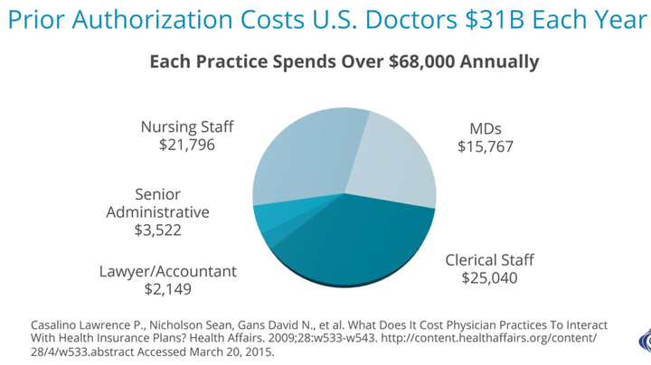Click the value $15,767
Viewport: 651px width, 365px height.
coord(486,145)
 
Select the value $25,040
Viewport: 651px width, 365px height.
coord(489,278)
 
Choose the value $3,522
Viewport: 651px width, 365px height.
coord(158,230)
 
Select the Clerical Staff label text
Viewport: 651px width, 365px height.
coord(489,260)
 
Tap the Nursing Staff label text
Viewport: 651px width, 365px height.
coord(182,126)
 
